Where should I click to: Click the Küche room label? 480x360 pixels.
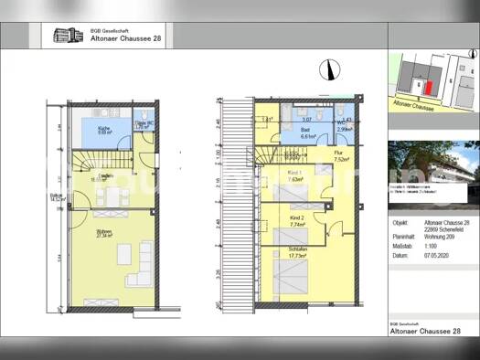pos(105,129)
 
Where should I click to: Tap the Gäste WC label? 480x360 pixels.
pos(143,122)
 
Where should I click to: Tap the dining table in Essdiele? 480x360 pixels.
pos(110,195)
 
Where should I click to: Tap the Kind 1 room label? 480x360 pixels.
pos(295,175)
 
